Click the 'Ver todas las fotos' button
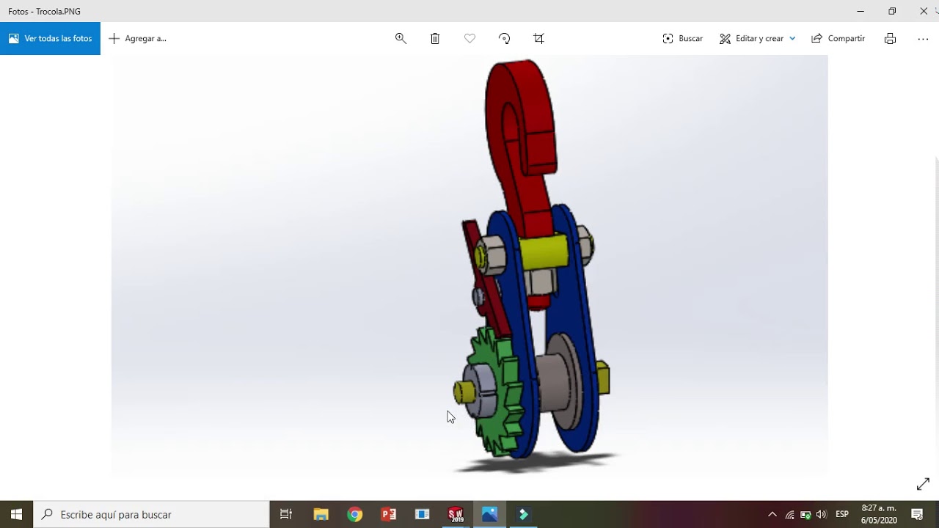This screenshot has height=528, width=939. click(x=50, y=38)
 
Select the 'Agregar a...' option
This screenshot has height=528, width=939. click(x=138, y=38)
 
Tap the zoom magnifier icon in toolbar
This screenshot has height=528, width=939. click(x=401, y=38)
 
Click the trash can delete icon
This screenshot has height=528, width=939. click(x=435, y=38)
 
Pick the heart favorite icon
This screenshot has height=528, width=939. click(x=469, y=38)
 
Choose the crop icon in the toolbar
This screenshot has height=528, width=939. click(x=539, y=38)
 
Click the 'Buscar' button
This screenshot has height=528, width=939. click(x=682, y=38)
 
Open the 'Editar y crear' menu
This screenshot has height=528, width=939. click(x=757, y=38)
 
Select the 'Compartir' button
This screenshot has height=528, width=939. click(x=838, y=38)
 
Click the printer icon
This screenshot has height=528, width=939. click(x=890, y=38)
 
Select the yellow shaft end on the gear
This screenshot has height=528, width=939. click(x=463, y=392)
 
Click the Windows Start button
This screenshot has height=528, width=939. click(x=16, y=514)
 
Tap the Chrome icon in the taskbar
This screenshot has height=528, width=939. click(x=355, y=514)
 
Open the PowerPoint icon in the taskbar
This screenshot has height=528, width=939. click(x=389, y=514)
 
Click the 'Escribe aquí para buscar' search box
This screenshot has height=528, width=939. click(x=154, y=514)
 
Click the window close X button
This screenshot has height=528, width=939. click(x=924, y=11)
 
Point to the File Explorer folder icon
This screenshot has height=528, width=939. click(x=321, y=514)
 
